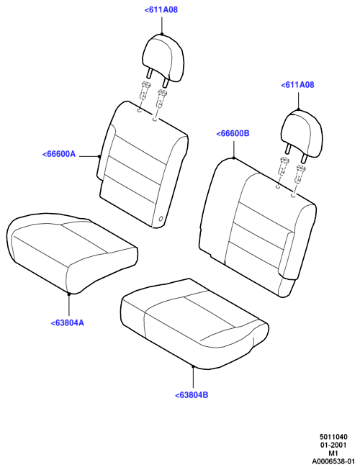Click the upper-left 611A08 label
point(161,9)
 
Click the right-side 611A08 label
point(297,85)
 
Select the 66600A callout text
point(59,154)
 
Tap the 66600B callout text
point(233,133)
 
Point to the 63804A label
point(68,323)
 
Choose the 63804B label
point(192,395)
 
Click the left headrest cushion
point(162,58)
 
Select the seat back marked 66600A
point(142,164)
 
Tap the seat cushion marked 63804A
point(71,252)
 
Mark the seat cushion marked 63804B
point(194,323)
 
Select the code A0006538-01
point(333,461)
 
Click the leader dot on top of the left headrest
point(162,34)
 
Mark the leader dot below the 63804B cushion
point(194,366)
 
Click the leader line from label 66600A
point(89,156)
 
